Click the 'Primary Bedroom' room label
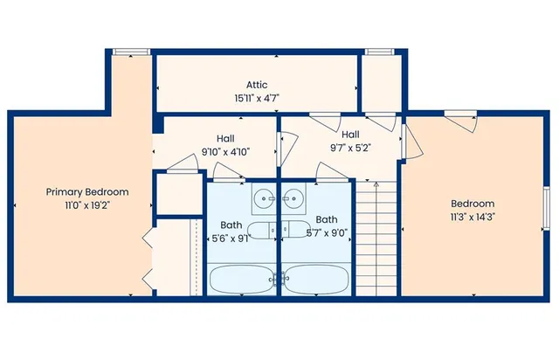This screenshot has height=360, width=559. click(87, 192)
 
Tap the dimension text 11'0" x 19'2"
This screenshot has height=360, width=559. click(87, 205)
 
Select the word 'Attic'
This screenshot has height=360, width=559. click(256, 85)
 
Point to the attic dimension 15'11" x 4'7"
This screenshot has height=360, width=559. click(256, 99)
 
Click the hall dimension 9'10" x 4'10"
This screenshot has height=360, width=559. click(225, 151)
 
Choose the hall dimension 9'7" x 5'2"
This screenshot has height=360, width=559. click(351, 148)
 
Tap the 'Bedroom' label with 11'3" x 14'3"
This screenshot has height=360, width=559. click(473, 204)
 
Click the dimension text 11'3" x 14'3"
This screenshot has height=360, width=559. click(473, 217)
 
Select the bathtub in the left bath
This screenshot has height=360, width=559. click(242, 280)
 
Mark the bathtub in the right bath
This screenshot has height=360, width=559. click(317, 280)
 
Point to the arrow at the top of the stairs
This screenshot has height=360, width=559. click(376, 185)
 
